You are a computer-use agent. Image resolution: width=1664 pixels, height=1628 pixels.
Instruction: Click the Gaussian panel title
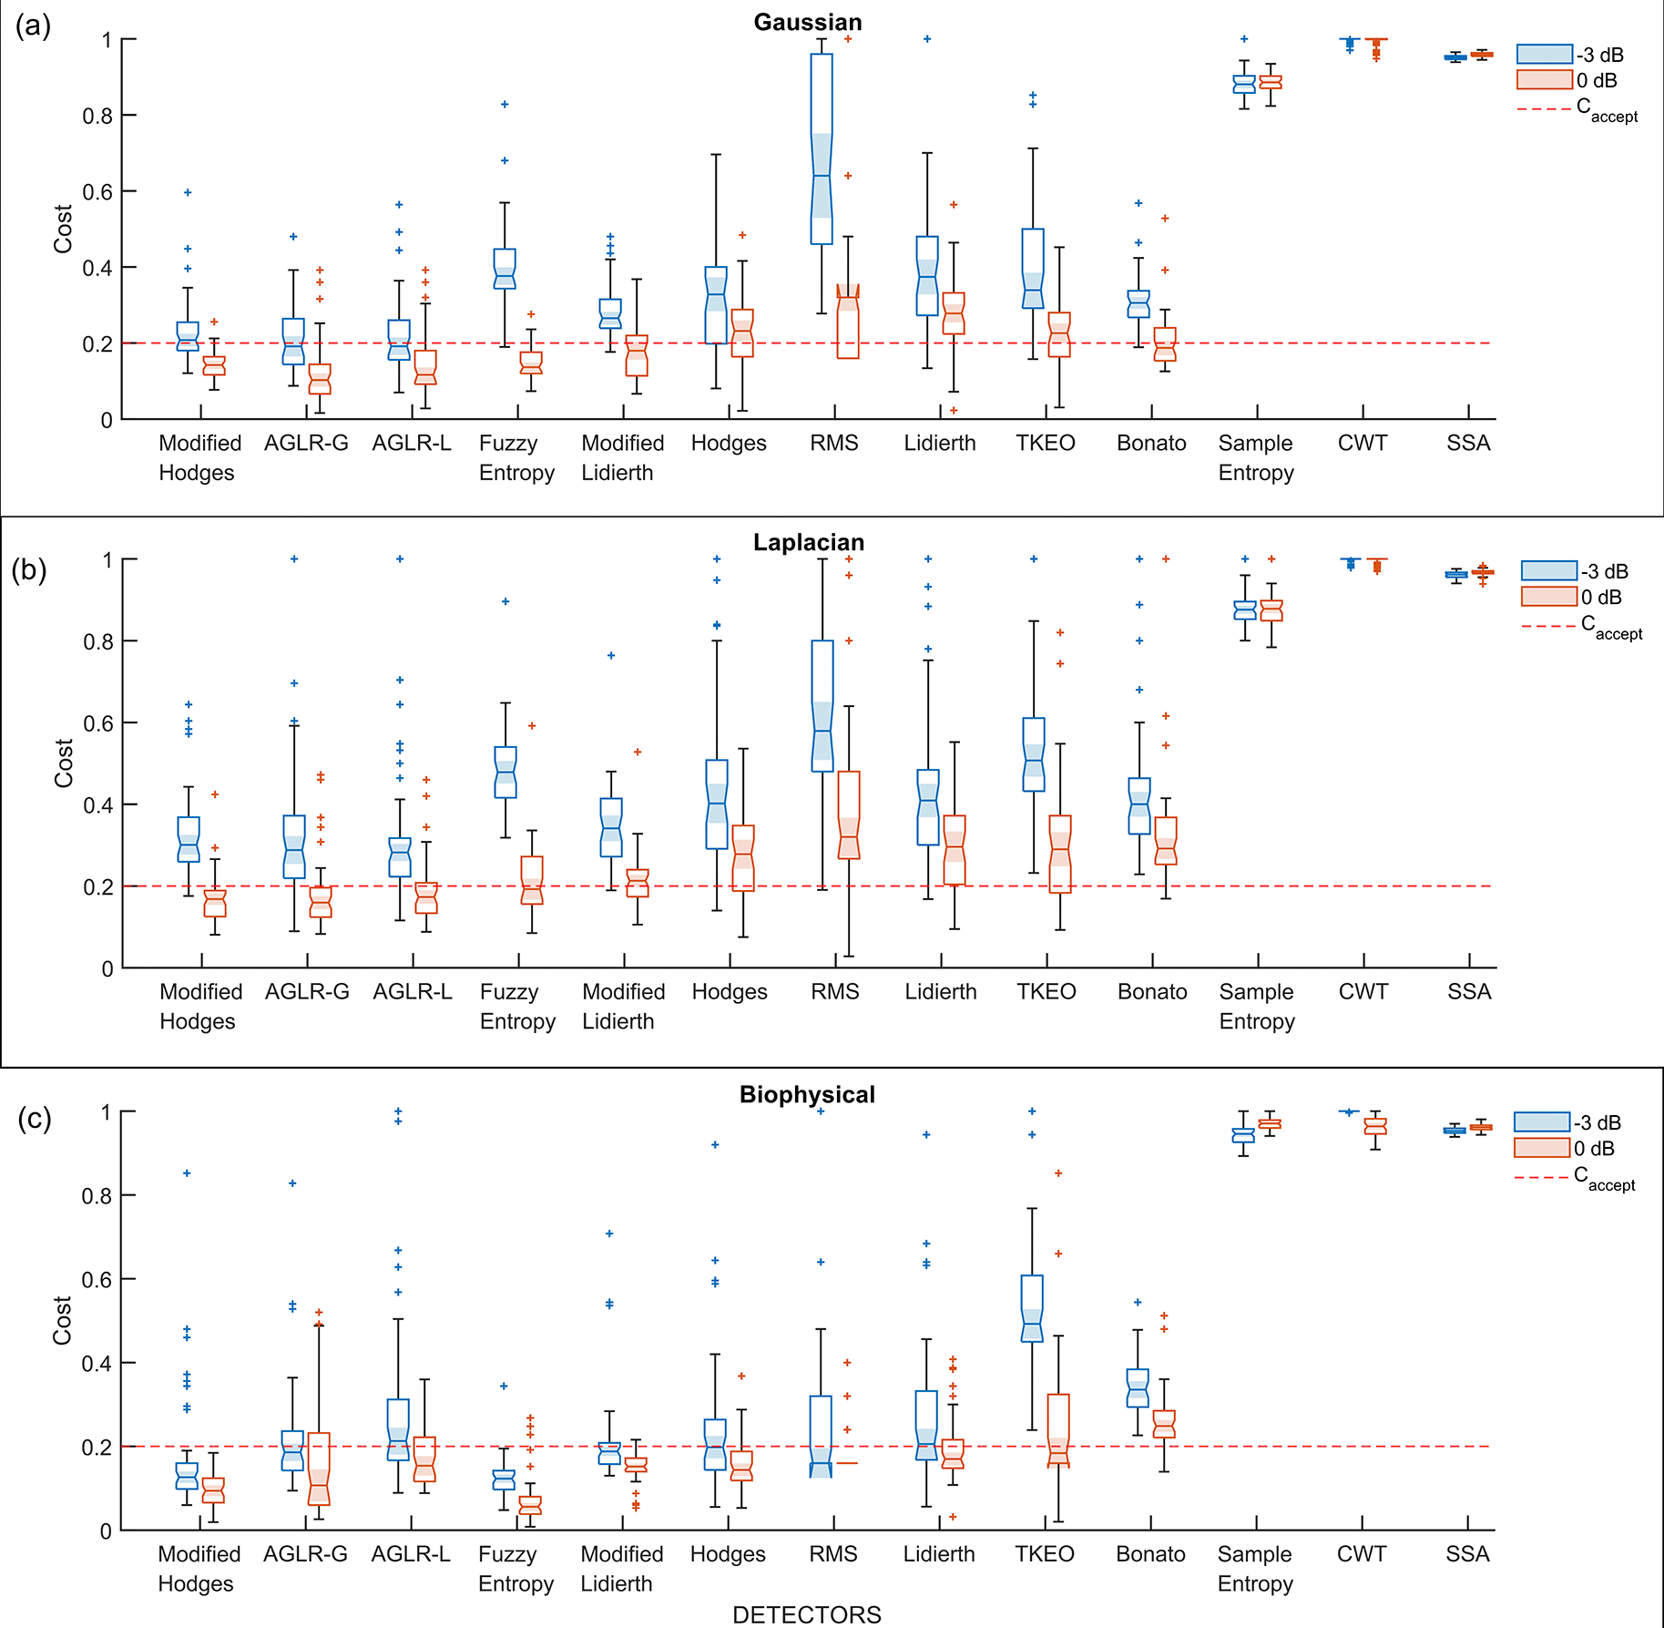807,23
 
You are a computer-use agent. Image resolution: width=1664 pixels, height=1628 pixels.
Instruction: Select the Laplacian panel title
808,542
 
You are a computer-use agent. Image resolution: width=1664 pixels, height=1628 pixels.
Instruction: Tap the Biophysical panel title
807,1094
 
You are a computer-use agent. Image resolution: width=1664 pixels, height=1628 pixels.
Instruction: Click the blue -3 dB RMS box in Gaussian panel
822,148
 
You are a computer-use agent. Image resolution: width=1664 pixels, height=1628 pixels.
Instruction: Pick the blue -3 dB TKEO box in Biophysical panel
1032,1308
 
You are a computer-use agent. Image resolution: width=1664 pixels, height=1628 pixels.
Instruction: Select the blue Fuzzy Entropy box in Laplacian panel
505,773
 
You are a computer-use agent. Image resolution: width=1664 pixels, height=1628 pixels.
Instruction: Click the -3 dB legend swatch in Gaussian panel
1544,55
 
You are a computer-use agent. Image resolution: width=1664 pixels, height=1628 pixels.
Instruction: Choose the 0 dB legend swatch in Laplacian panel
1548,597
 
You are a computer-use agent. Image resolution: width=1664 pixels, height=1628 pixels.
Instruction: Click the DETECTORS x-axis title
807,1614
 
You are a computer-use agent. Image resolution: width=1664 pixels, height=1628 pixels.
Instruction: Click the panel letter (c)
34,1118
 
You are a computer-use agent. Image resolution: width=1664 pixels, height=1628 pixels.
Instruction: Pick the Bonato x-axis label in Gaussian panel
1151,444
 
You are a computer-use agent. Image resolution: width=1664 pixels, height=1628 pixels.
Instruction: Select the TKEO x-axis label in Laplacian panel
1046,992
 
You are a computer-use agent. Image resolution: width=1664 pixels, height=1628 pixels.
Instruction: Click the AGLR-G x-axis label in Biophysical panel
305,1554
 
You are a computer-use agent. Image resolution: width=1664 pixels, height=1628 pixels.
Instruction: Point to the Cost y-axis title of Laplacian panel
63,763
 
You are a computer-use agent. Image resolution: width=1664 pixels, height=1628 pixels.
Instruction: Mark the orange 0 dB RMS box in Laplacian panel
849,815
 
